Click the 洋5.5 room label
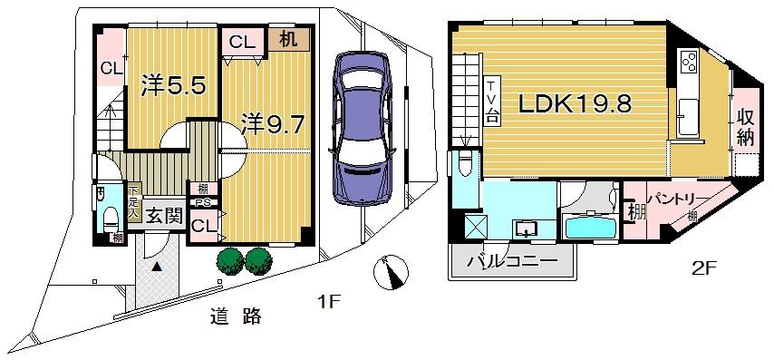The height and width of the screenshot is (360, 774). tap(176, 86)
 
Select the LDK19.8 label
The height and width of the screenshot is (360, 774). tap(575, 104)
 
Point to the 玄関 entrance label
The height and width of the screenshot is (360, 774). tap(165, 215)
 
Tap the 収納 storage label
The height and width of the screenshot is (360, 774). tap(746, 127)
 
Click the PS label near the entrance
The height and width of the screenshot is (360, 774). tap(201, 202)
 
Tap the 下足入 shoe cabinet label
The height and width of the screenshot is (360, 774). tap(132, 204)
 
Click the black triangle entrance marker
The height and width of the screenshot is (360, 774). tap(157, 266)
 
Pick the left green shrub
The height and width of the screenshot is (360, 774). tap(229, 260)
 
